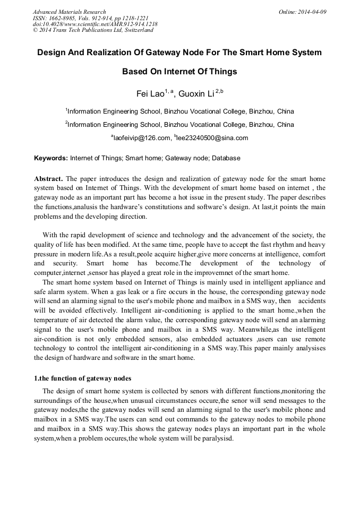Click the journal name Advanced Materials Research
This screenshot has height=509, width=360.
click(70, 11)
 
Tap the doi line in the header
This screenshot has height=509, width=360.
click(95, 24)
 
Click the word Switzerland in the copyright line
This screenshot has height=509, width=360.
click(134, 30)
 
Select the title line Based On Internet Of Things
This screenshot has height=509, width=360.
click(179, 72)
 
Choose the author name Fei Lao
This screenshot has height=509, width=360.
click(150, 94)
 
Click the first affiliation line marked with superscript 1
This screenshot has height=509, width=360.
click(179, 111)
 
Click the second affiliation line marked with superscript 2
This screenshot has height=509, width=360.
click(179, 125)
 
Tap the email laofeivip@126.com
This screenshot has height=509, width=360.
click(141, 138)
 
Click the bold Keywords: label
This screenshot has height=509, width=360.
click(51, 158)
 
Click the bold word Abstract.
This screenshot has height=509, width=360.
click(49, 179)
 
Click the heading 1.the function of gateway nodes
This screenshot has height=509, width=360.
click(83, 378)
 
